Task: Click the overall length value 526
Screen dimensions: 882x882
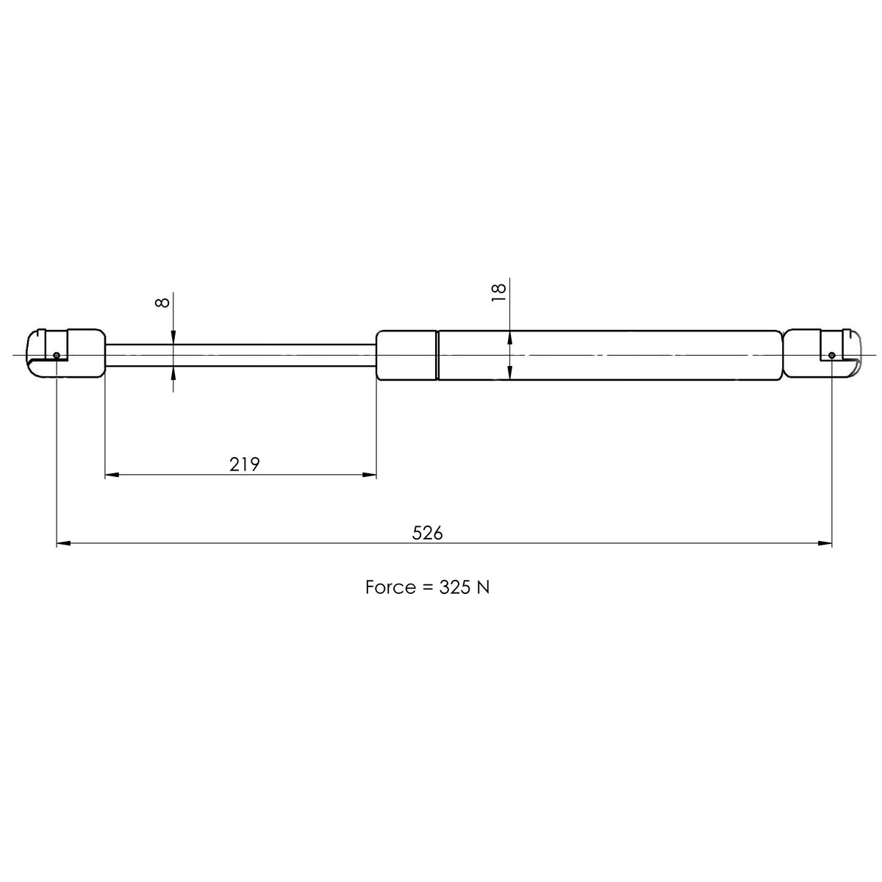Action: tap(427, 533)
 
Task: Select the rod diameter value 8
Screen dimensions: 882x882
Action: tap(164, 301)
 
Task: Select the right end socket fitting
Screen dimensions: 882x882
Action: tap(822, 354)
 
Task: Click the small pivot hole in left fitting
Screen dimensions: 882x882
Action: tap(57, 356)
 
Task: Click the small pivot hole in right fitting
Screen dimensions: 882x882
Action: tap(831, 356)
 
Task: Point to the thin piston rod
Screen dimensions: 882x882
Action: tap(243, 354)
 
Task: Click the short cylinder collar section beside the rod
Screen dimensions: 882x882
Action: tap(406, 356)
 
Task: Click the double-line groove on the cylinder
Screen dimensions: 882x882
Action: tap(437, 356)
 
